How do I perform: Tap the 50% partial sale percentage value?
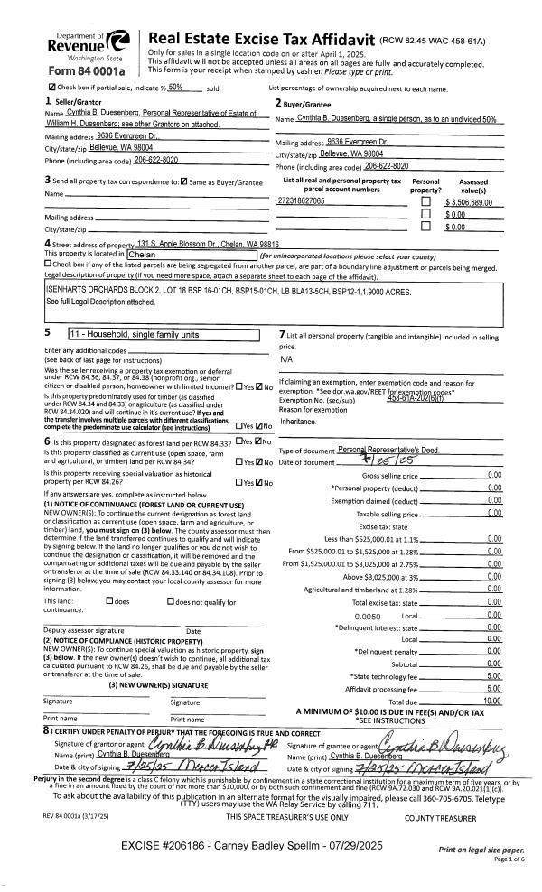[x=176, y=87]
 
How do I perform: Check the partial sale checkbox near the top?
[x=52, y=88]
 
